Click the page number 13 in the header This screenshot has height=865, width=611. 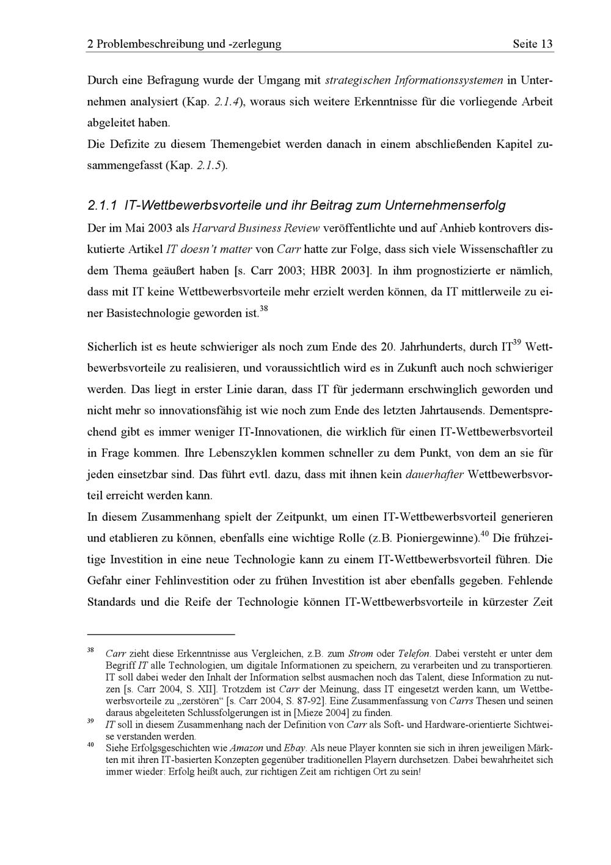click(x=546, y=44)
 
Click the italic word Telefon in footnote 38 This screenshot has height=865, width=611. click(x=414, y=653)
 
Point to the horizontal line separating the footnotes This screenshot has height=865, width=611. click(x=161, y=635)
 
